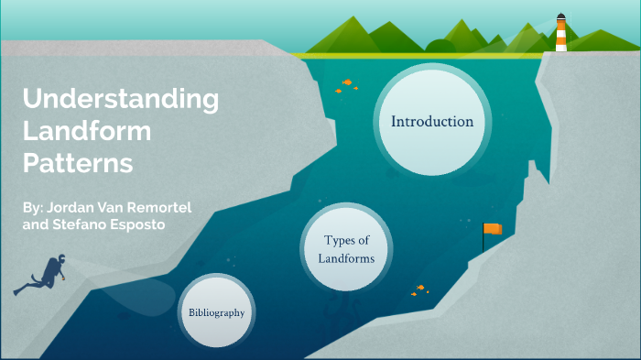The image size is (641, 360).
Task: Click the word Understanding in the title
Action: [x=120, y=98]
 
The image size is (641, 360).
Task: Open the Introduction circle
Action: [x=432, y=122]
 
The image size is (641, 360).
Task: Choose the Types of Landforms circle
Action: [x=346, y=249]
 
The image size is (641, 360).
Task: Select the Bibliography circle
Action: [x=217, y=312]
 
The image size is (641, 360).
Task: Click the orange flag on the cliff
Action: [x=493, y=229]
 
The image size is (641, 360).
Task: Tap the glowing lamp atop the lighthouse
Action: [x=560, y=18]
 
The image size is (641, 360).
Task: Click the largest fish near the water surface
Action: [x=347, y=82]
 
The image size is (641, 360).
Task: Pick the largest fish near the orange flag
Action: [x=420, y=288]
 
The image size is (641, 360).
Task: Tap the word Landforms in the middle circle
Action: [x=346, y=258]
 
